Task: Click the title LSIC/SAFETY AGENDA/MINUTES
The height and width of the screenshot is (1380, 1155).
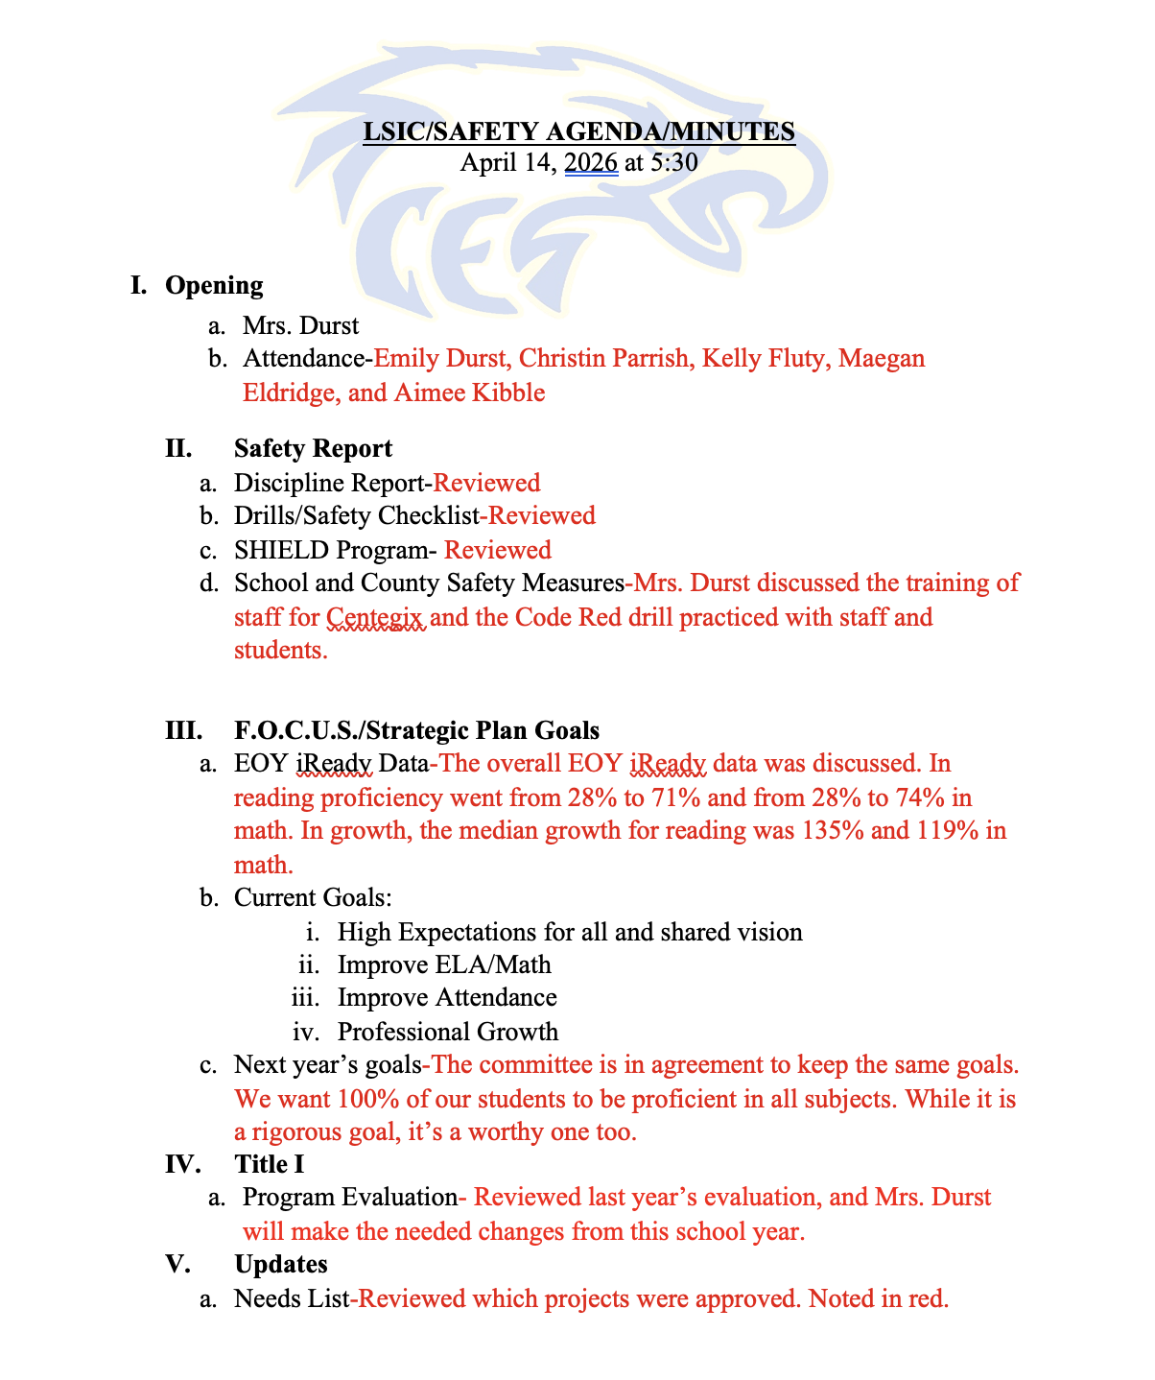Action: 578,131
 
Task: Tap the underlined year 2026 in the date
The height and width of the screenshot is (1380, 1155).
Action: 591,162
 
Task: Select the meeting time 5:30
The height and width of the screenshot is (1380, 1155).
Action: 673,162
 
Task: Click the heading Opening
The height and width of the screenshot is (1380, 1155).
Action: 214,285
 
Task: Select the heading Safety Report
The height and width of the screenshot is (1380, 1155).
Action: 313,448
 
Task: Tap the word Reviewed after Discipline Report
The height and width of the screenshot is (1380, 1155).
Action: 486,483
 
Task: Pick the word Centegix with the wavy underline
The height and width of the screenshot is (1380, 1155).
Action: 375,617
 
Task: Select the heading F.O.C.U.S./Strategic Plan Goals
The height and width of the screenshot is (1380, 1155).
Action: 416,730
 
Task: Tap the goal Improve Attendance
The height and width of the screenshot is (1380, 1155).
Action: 447,998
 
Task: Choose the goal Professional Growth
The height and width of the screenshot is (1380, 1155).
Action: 448,1032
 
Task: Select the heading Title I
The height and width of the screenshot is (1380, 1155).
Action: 270,1164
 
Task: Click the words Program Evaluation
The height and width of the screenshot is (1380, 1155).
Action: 349,1198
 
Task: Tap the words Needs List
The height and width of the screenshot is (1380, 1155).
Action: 291,1299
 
